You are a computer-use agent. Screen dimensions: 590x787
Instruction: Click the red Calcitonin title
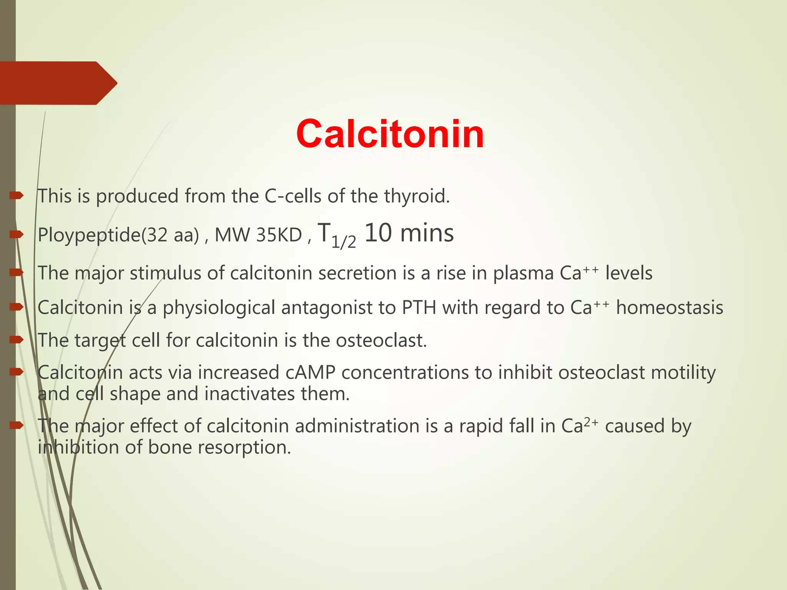[x=390, y=134]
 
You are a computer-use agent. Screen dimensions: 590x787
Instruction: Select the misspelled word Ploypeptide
[x=89, y=235]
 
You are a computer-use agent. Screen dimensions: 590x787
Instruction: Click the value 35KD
[x=279, y=235]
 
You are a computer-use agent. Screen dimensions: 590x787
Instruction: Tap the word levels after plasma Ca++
[x=629, y=273]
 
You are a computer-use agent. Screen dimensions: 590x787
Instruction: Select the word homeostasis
[x=669, y=307]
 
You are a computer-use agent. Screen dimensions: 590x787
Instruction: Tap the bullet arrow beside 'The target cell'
[x=17, y=340]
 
